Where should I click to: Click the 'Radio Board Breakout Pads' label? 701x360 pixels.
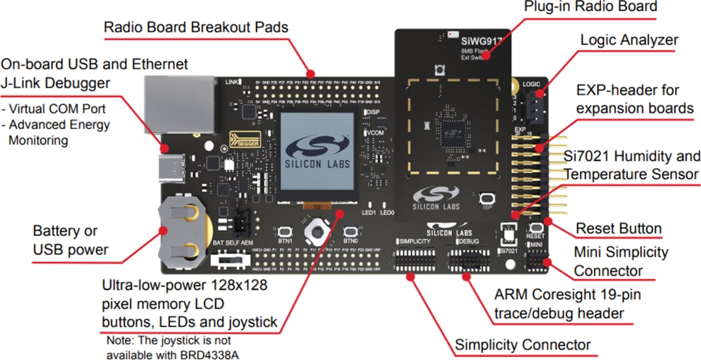[x=196, y=28]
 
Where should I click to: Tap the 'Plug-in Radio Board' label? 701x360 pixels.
[x=591, y=7]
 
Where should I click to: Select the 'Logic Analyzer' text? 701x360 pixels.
[x=628, y=40]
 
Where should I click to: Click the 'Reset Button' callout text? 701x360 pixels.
[x=619, y=228]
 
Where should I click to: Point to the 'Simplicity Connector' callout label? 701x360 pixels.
[x=523, y=344]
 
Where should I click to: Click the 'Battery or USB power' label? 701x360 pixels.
[x=70, y=240]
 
